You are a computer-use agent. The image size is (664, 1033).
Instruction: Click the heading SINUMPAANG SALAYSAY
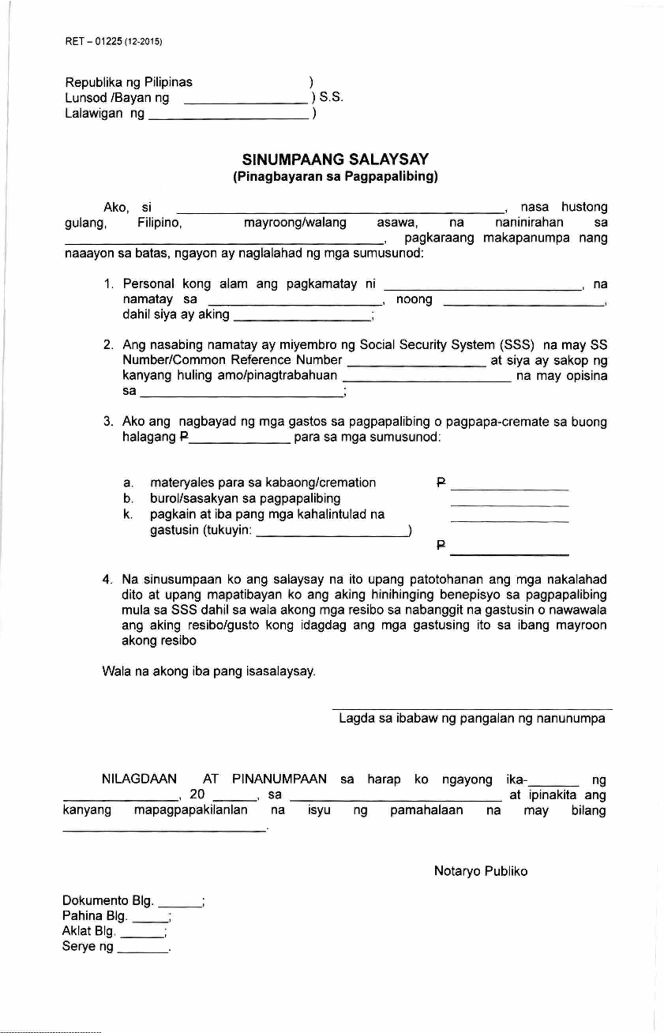coord(335,160)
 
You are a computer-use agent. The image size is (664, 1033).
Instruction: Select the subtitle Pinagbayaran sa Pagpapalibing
coord(335,177)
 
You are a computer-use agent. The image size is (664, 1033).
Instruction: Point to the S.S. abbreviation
coord(331,98)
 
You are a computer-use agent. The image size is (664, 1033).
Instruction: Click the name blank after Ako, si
coord(339,210)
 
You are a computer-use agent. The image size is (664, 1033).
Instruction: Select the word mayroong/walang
coord(295,223)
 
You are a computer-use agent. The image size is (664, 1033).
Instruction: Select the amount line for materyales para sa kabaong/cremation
coord(510,488)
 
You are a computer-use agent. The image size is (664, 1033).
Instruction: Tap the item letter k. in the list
coord(127,514)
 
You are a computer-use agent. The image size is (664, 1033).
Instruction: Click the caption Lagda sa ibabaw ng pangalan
coord(471,719)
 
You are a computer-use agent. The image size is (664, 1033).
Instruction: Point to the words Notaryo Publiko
coord(480,871)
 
